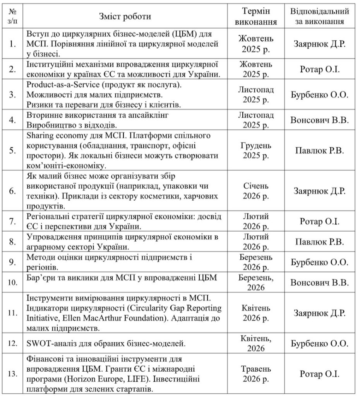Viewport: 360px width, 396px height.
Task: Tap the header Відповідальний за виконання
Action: tap(320, 16)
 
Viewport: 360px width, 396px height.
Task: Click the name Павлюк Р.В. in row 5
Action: tap(320, 151)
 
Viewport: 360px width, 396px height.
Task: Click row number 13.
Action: tap(12, 374)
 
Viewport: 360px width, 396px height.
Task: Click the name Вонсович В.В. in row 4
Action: tap(320, 120)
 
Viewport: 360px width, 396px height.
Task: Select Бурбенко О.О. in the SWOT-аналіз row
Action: tap(320, 343)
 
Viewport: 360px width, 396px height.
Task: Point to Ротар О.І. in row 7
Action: tap(320, 222)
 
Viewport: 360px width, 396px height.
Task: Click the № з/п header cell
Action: tap(12, 16)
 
